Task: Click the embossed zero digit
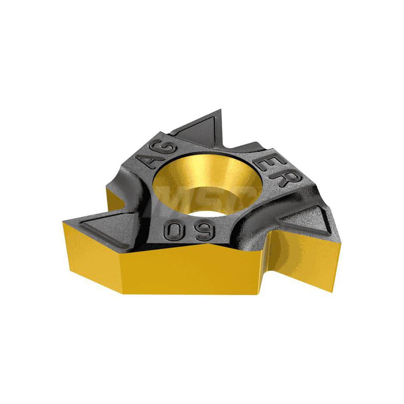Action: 172,231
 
